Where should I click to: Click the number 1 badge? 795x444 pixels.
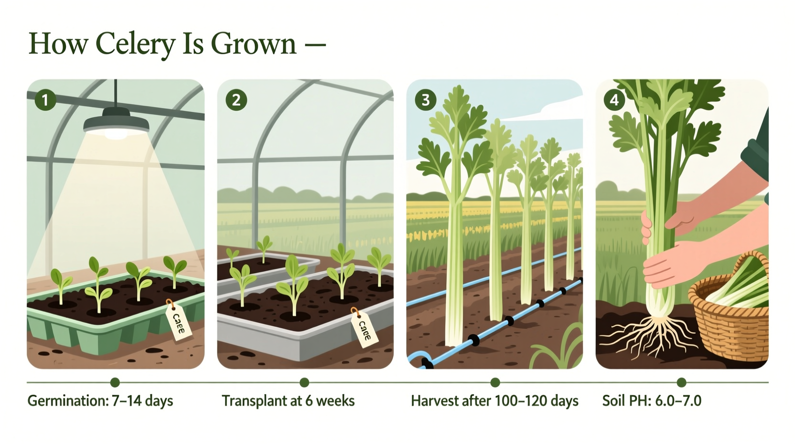45,100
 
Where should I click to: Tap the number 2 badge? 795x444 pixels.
236,100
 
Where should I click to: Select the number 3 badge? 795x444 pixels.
425,100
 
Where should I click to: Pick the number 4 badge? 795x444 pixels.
614,100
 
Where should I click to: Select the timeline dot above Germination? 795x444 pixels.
115,382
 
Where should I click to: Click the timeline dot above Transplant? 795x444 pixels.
304,382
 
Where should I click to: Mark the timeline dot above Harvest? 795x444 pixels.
495,382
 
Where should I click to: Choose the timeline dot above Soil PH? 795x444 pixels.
682,382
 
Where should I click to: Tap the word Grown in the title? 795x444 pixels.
254,44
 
